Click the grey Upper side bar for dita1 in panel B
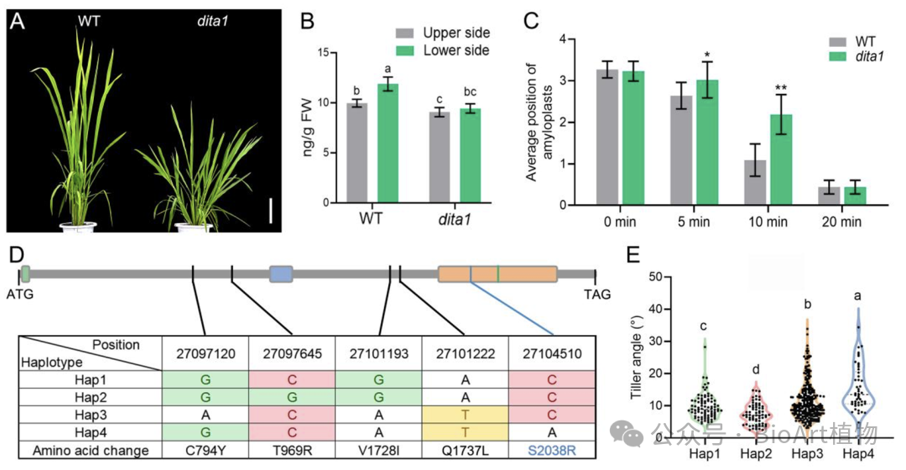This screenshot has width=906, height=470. [x=439, y=157]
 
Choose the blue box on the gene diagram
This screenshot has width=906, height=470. [x=281, y=274]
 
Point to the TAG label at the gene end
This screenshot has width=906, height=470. [x=596, y=295]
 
